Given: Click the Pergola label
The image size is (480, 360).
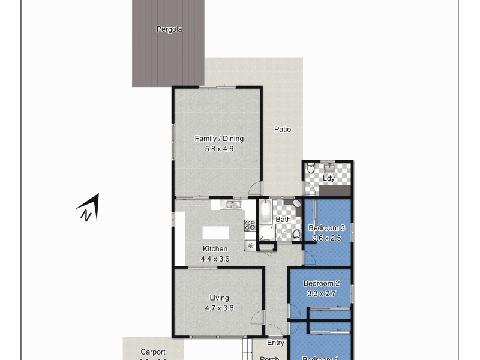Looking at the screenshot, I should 169,29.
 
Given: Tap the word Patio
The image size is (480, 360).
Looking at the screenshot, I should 283,129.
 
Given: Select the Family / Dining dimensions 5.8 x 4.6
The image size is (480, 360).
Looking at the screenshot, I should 219,149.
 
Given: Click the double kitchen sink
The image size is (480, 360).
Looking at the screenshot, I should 230,205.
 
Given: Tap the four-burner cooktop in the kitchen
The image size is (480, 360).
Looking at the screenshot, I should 250,226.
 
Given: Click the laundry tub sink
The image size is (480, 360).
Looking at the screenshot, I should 329,167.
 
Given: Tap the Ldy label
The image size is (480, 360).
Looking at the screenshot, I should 329,179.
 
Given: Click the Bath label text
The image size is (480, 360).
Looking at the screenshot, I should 283,220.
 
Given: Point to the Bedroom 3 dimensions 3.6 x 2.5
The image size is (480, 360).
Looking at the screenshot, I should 327,238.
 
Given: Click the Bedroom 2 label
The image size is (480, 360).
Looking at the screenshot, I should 322,283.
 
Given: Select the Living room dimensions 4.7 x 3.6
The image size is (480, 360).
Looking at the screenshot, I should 219,308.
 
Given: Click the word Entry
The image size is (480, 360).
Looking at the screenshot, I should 275,343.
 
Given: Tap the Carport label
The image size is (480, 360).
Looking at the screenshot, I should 153,352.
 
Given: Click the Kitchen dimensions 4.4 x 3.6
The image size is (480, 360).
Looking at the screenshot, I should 215,259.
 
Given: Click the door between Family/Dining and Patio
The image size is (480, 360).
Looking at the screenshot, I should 256,188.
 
